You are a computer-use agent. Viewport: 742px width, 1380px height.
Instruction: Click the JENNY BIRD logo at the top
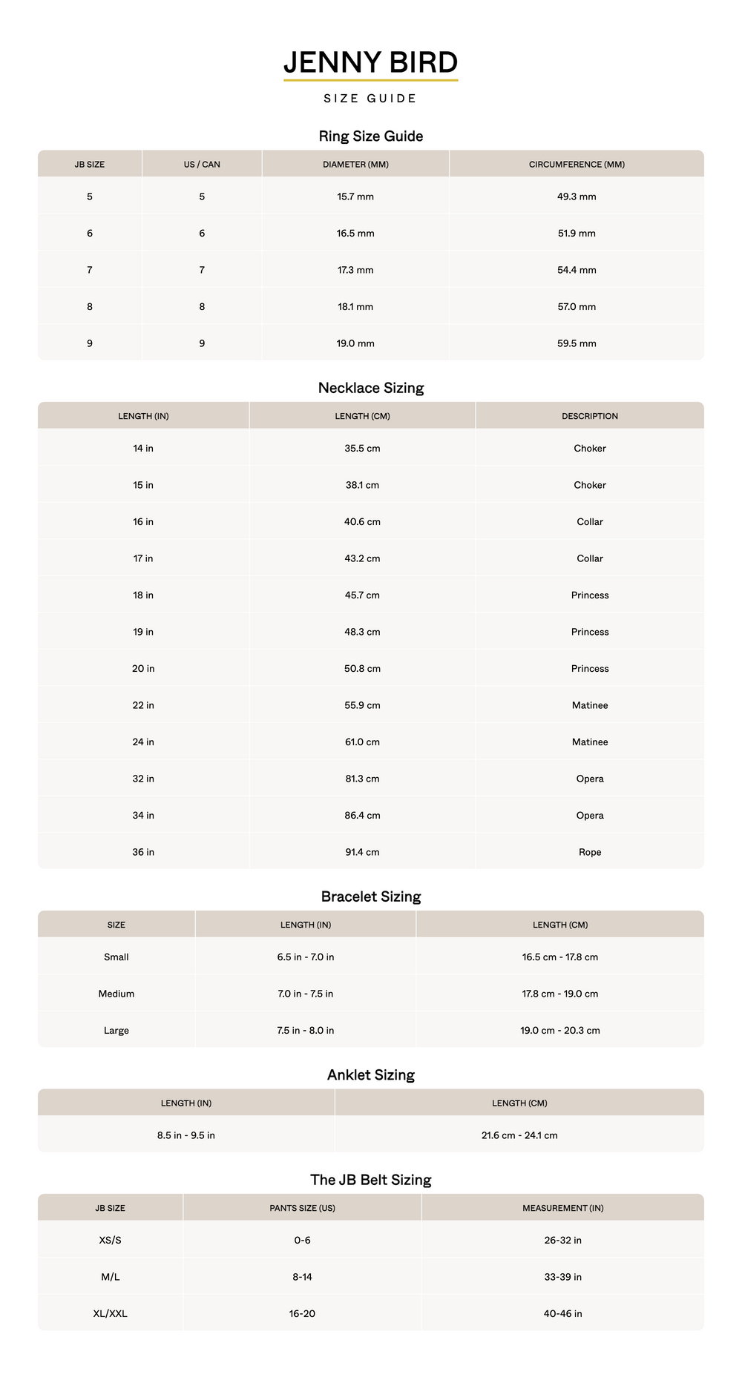coord(370,62)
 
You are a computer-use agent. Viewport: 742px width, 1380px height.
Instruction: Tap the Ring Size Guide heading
coord(370,136)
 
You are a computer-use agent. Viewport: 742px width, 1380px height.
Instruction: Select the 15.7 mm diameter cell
coord(355,197)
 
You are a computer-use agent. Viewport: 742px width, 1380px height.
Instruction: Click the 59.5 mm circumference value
coord(577,343)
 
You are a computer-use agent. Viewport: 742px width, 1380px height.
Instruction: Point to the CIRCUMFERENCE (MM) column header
coord(577,165)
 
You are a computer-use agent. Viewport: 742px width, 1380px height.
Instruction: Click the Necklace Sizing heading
coord(370,388)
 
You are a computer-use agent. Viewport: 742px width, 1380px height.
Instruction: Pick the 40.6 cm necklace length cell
coord(362,522)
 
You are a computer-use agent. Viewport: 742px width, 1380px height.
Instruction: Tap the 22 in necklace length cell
coord(143,705)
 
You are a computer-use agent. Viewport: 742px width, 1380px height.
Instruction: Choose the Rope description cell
coord(590,852)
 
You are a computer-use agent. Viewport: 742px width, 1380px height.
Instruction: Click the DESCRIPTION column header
coord(590,416)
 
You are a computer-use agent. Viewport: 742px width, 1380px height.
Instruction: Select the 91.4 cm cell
coord(362,852)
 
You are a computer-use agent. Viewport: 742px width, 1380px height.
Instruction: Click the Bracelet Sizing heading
coord(370,897)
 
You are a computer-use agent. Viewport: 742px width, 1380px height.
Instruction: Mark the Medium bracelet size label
coord(116,994)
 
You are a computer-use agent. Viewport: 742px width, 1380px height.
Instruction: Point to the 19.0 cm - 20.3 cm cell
coord(560,1030)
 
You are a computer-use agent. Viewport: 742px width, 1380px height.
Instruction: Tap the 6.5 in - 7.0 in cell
coord(306,957)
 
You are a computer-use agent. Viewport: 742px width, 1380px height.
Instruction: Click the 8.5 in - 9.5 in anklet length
coord(186,1135)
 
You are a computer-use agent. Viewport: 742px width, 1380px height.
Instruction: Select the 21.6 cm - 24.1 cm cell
coord(519,1135)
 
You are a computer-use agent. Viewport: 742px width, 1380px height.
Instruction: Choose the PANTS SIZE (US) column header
coord(302,1208)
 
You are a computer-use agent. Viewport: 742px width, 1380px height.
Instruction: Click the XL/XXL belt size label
coord(111,1313)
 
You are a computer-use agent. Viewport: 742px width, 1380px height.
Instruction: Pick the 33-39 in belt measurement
coord(562,1277)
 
